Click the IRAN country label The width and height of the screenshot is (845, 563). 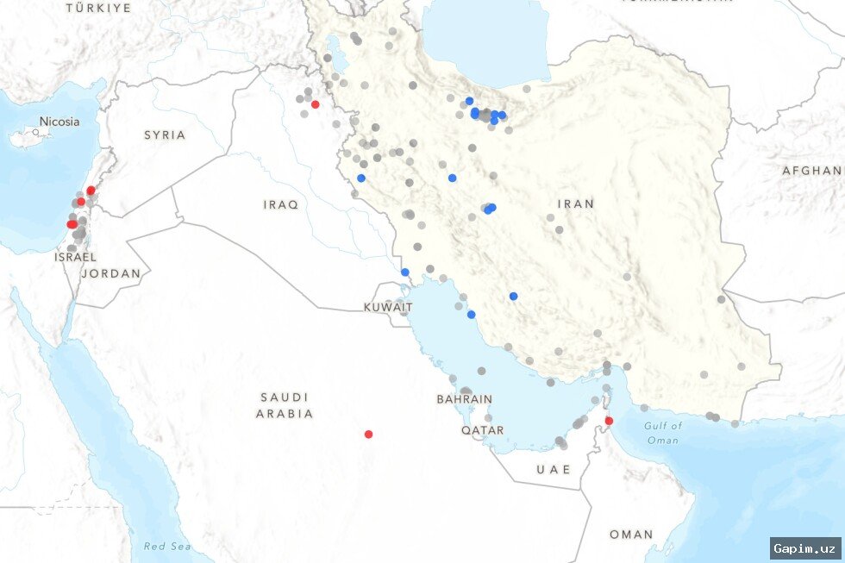coord(576,203)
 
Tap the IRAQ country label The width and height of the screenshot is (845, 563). coord(281,204)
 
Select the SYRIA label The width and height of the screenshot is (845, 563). coord(165,134)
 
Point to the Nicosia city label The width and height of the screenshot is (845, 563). coord(59,122)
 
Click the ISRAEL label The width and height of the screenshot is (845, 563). coord(75,257)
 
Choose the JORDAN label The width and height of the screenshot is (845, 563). coord(111,273)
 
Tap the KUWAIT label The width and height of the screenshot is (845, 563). coord(382,307)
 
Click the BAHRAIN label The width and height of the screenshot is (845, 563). coord(465,399)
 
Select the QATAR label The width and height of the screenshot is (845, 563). coord(482,429)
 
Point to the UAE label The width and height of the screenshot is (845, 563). coord(554,469)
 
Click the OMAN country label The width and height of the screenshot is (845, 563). coord(631,535)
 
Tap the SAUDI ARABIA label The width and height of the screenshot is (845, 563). coord(285,405)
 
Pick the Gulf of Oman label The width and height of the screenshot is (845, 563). coord(663,433)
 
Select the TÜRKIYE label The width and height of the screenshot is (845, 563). coord(99,8)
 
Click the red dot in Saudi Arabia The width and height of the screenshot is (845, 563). coord(368,435)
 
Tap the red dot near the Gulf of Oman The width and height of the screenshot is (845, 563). coord(609,422)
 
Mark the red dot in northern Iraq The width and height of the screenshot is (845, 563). coord(315,104)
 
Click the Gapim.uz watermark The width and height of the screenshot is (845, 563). coord(804,548)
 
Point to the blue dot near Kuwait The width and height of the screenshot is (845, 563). coord(404,272)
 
